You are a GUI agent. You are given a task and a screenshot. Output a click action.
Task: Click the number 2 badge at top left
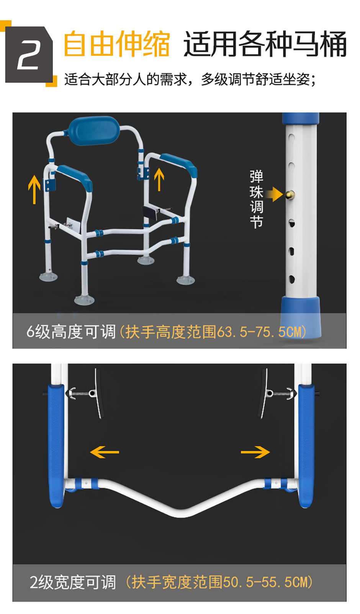[x=28, y=54]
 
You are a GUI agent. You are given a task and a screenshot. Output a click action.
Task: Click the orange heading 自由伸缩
[x=116, y=44]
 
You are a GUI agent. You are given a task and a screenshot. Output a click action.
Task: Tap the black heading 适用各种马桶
[x=265, y=44]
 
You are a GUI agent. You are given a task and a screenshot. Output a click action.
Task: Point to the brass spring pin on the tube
[x=289, y=195]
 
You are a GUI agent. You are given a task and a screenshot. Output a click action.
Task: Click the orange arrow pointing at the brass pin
[x=274, y=194]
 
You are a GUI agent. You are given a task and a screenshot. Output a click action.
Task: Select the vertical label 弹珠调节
[x=256, y=199]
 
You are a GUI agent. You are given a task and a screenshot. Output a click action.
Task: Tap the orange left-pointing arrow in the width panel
[x=105, y=452]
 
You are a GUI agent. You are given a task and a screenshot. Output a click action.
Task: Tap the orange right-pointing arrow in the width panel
[x=255, y=452]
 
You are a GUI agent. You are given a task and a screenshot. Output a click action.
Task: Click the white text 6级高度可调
[x=71, y=332]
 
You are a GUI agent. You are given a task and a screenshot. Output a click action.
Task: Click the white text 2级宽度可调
[x=72, y=582]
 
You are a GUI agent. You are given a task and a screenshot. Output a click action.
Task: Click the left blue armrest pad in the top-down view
[x=56, y=444]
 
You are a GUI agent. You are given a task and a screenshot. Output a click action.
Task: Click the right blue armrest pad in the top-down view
[x=306, y=444]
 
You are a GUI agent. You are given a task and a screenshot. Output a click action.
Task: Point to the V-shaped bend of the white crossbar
[x=182, y=511]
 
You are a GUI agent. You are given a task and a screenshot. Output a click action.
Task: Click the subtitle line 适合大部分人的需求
[x=190, y=80]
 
